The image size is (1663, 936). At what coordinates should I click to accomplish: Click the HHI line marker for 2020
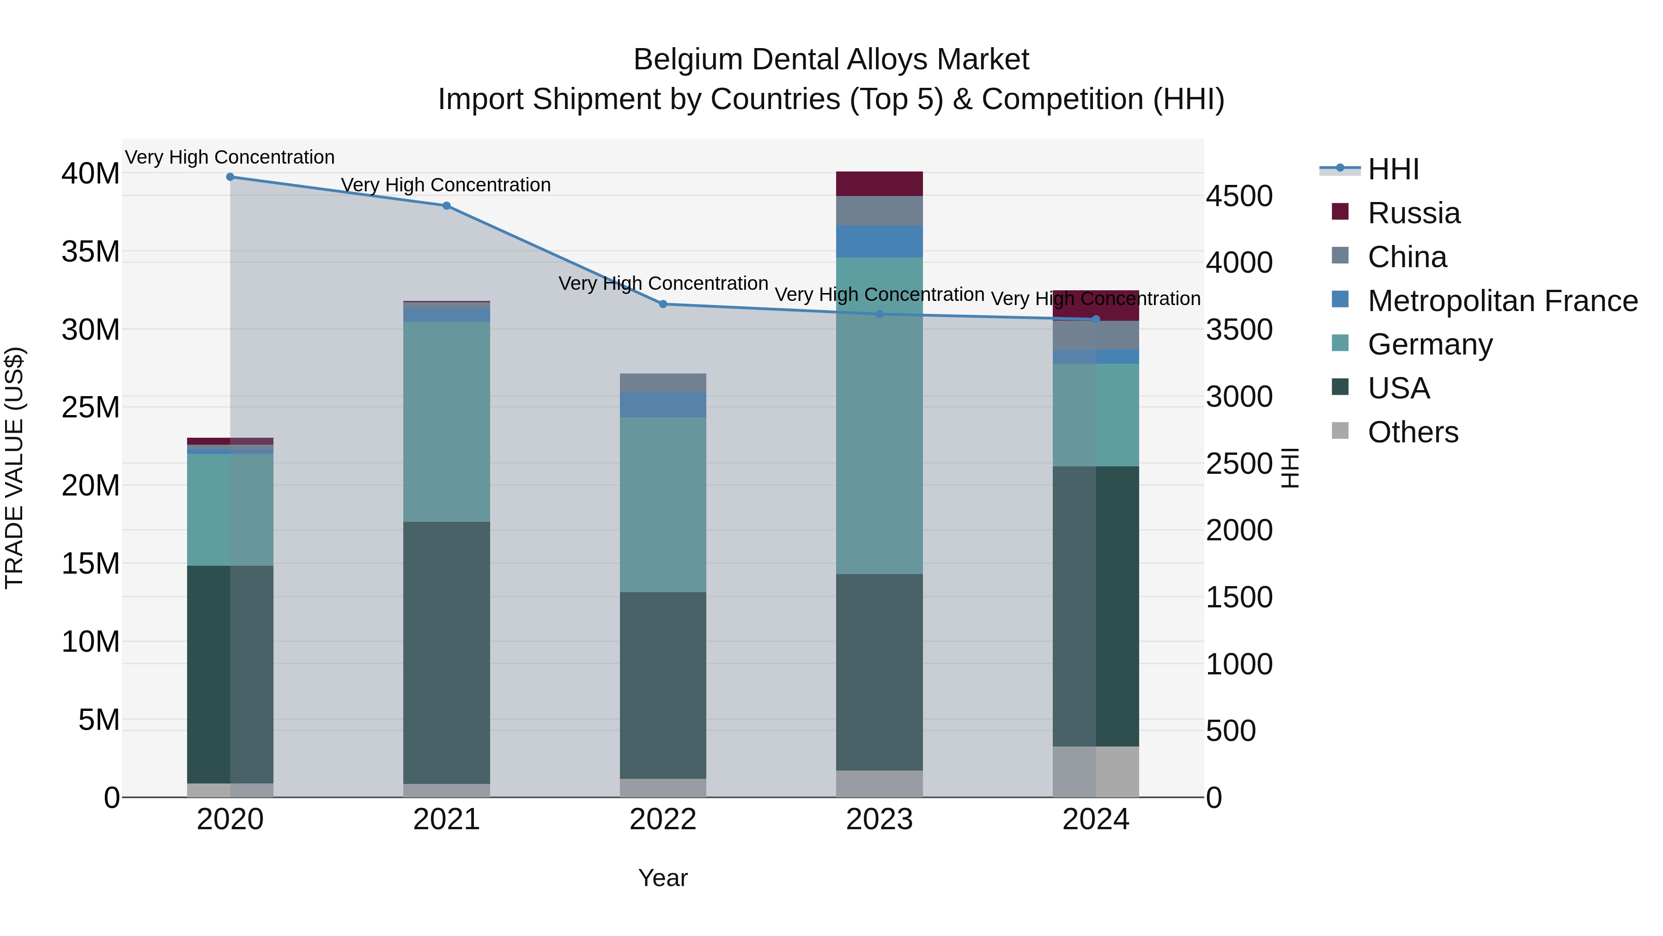[x=230, y=177]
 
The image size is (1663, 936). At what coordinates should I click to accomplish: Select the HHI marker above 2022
[x=662, y=304]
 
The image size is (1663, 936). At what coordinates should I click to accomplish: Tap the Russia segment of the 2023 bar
[x=879, y=184]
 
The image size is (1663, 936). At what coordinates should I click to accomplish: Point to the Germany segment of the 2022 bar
[x=662, y=504]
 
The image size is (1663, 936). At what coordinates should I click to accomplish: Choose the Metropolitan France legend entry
[x=1502, y=300]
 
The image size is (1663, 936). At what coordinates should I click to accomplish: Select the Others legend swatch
[x=1340, y=430]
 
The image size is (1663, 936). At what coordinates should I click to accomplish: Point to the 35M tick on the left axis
[x=91, y=251]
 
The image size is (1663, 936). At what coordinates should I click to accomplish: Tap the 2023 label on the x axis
[x=879, y=820]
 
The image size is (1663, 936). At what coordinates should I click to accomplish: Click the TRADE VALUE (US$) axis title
[x=14, y=468]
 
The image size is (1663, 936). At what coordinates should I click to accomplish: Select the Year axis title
[x=662, y=878]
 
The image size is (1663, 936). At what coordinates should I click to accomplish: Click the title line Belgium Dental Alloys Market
[x=831, y=60]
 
